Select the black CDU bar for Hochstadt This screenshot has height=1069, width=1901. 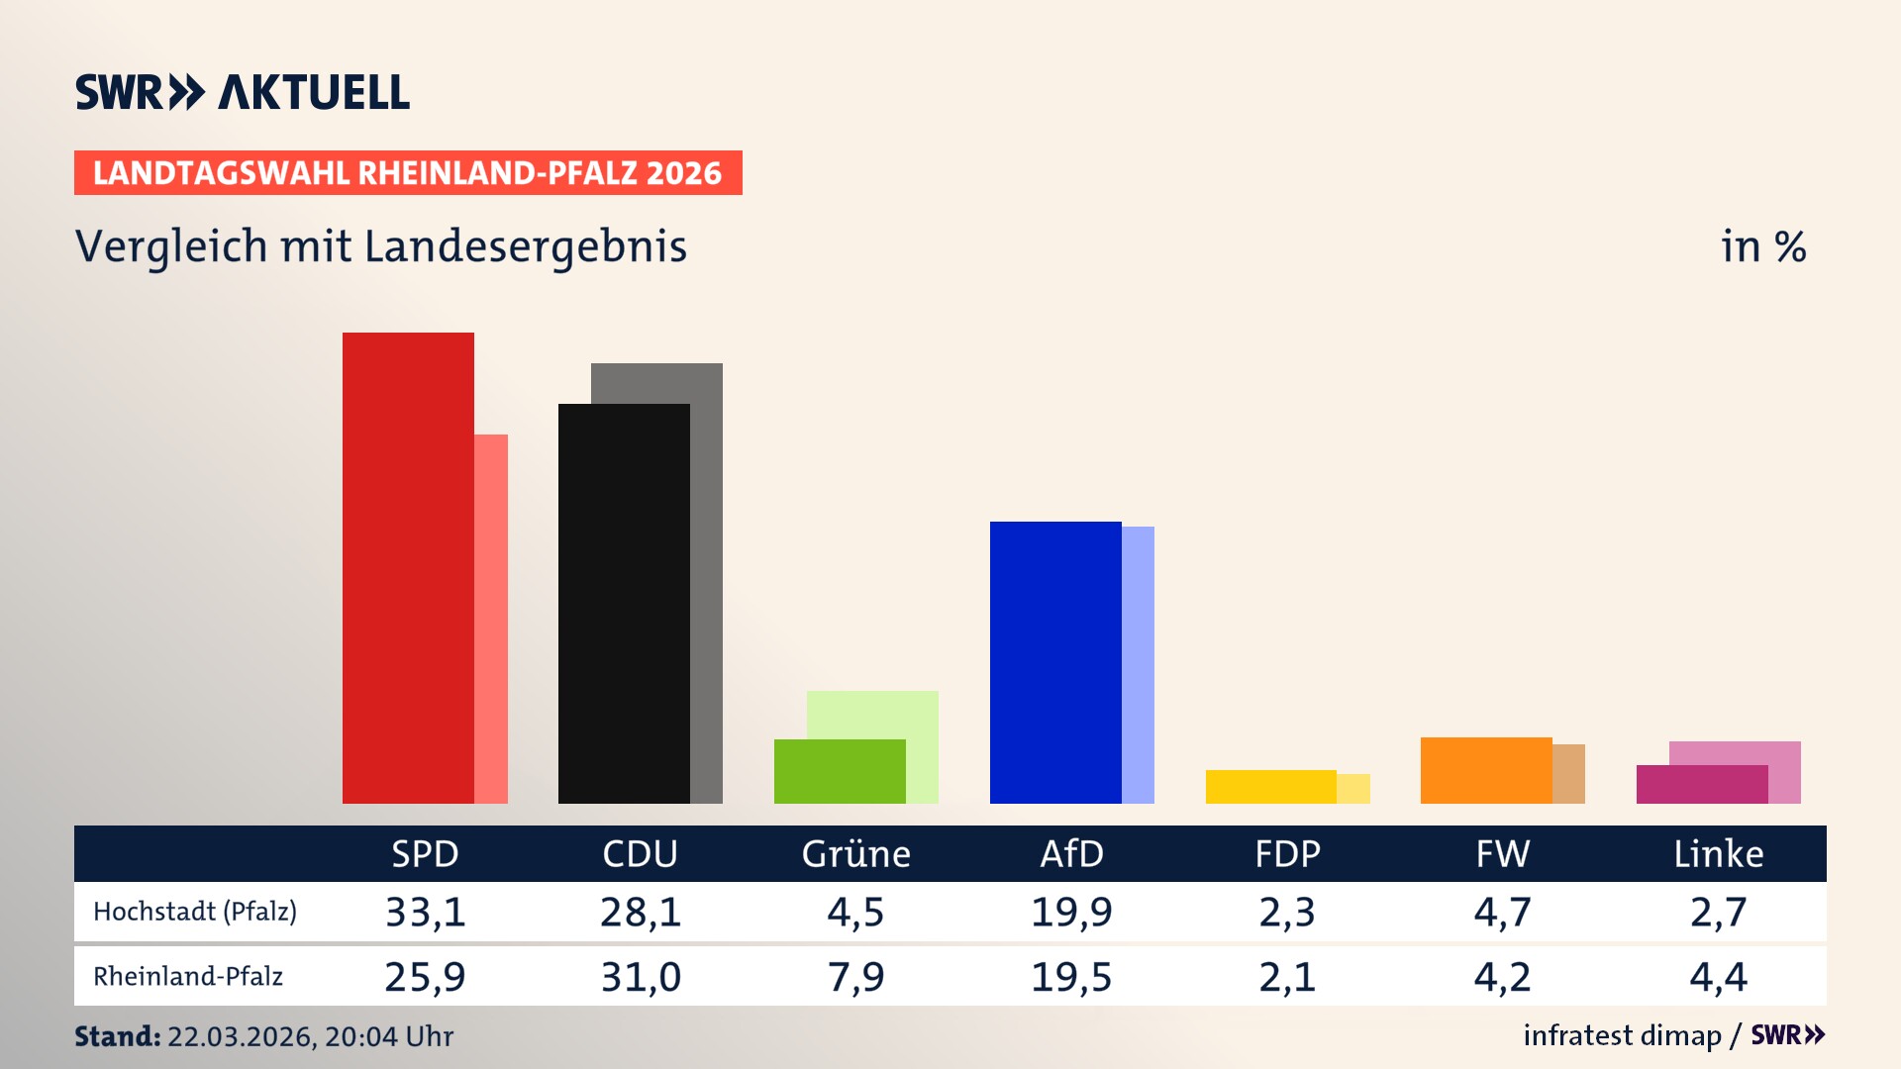[624, 603]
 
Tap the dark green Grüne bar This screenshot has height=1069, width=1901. [840, 771]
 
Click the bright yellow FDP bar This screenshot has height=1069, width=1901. [1270, 787]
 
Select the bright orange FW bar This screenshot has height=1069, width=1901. [1486, 770]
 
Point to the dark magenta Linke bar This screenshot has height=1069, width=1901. [1702, 784]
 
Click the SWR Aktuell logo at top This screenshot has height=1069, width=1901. [243, 92]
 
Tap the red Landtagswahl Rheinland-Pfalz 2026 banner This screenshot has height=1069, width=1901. [408, 173]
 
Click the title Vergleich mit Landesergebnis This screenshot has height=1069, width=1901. [381, 246]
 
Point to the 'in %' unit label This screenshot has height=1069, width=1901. [1763, 246]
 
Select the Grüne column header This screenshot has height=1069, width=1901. [855, 853]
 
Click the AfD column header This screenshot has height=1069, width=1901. [1071, 853]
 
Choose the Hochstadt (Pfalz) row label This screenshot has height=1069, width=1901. [195, 911]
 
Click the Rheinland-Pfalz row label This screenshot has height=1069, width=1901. [188, 977]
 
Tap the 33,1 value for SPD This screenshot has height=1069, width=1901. [425, 912]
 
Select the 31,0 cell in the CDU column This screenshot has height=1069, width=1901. [641, 977]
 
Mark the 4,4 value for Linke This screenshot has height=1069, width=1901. [1719, 977]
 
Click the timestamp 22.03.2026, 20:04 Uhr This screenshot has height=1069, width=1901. [310, 1036]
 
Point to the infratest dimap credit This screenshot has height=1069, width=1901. [1622, 1035]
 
